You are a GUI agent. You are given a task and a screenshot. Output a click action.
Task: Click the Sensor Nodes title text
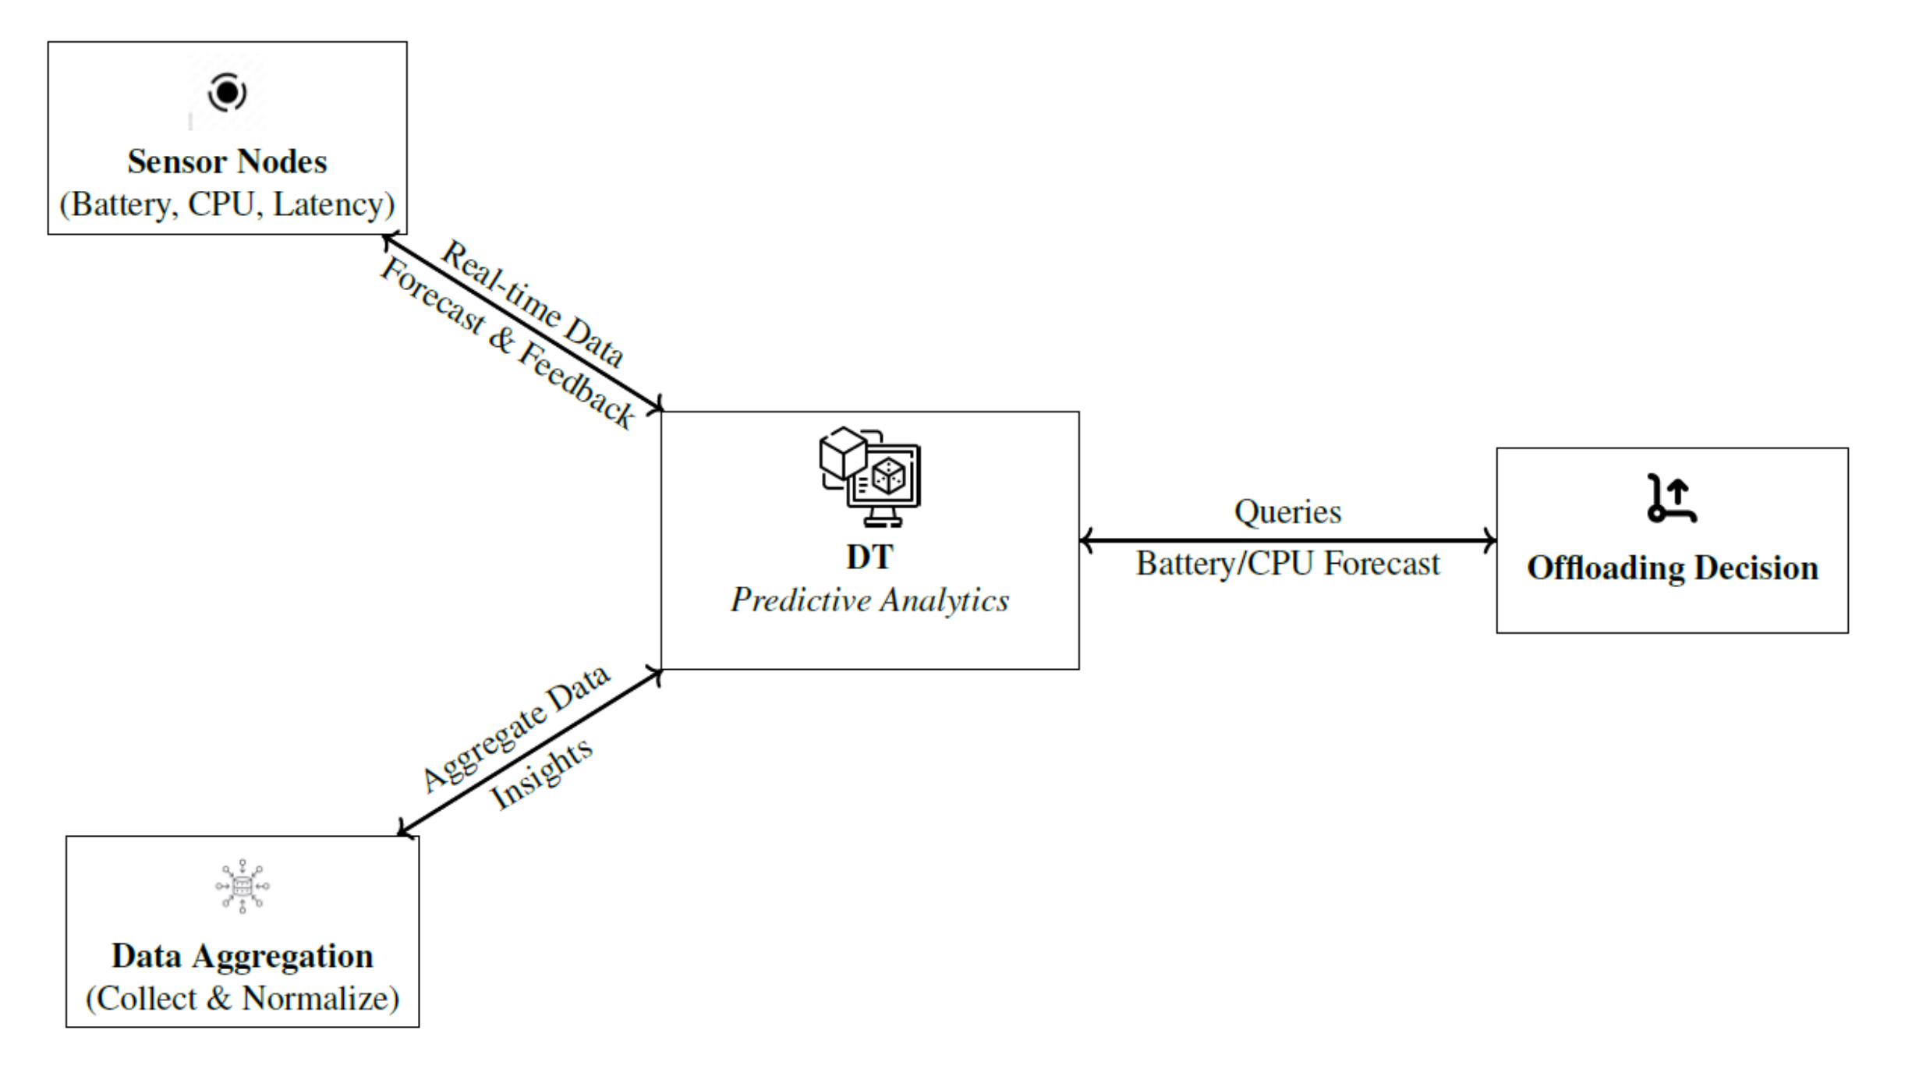(227, 161)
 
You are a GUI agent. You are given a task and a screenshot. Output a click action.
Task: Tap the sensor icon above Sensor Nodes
(227, 93)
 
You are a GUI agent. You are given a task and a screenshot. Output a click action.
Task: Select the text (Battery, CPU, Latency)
(227, 204)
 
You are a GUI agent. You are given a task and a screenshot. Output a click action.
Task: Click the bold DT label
(869, 557)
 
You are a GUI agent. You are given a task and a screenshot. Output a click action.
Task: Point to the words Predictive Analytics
(869, 600)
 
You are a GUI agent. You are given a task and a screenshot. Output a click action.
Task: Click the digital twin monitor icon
(870, 476)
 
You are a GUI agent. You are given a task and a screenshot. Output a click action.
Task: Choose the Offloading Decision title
(1672, 568)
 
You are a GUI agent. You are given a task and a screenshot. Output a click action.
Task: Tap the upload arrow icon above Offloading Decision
(1671, 498)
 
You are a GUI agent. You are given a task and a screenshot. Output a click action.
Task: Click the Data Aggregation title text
(242, 956)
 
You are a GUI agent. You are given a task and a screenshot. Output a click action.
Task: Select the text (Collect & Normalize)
(242, 998)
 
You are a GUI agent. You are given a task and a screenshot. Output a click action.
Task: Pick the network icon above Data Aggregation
(242, 886)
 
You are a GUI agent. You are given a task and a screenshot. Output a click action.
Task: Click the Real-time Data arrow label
(533, 303)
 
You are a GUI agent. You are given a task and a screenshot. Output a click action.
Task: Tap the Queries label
(1287, 511)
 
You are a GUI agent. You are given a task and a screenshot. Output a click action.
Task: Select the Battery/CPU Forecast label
(1287, 563)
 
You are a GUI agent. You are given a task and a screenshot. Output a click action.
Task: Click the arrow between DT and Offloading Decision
(1287, 540)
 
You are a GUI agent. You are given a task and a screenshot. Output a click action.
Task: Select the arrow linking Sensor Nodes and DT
(522, 321)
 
